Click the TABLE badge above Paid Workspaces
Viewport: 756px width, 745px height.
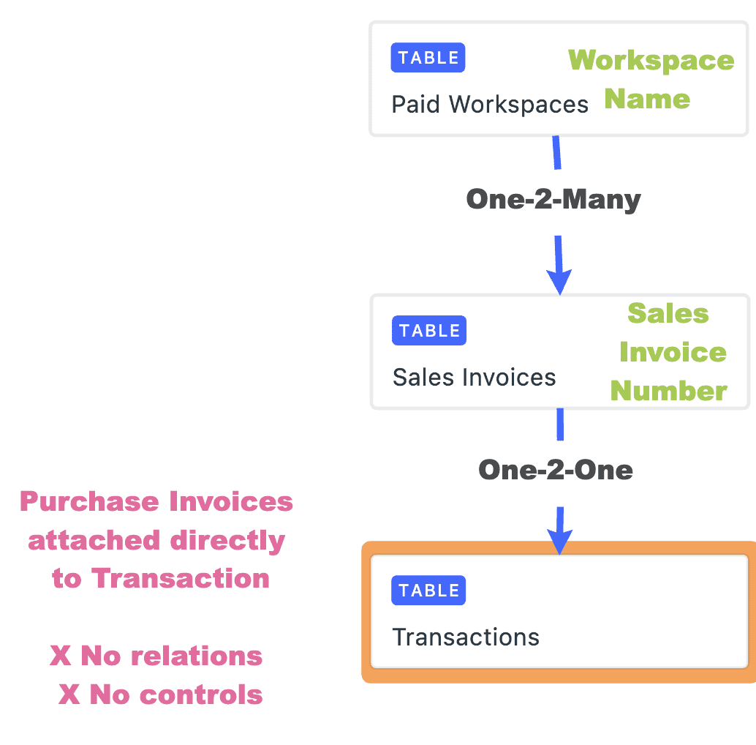(428, 58)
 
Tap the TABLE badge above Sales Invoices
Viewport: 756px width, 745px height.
(429, 330)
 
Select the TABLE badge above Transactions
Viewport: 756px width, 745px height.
(429, 591)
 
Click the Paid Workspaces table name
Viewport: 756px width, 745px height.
(490, 105)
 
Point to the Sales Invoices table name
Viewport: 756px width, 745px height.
(474, 378)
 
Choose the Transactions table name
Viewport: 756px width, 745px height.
(466, 637)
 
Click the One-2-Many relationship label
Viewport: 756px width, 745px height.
(553, 199)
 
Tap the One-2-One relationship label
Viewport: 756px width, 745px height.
(556, 470)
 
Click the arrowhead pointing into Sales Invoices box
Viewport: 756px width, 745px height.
(559, 281)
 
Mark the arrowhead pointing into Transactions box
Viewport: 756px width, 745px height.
(559, 542)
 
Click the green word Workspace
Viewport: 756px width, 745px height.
(651, 60)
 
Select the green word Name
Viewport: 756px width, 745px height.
(647, 99)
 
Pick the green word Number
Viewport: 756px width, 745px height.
(669, 392)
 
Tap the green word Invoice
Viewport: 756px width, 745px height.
(673, 353)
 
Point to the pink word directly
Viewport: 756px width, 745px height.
(227, 541)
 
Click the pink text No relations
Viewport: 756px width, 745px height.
(171, 656)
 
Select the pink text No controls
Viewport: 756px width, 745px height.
(175, 695)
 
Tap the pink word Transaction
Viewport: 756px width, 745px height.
(181, 579)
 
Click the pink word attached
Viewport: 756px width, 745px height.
(94, 541)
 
